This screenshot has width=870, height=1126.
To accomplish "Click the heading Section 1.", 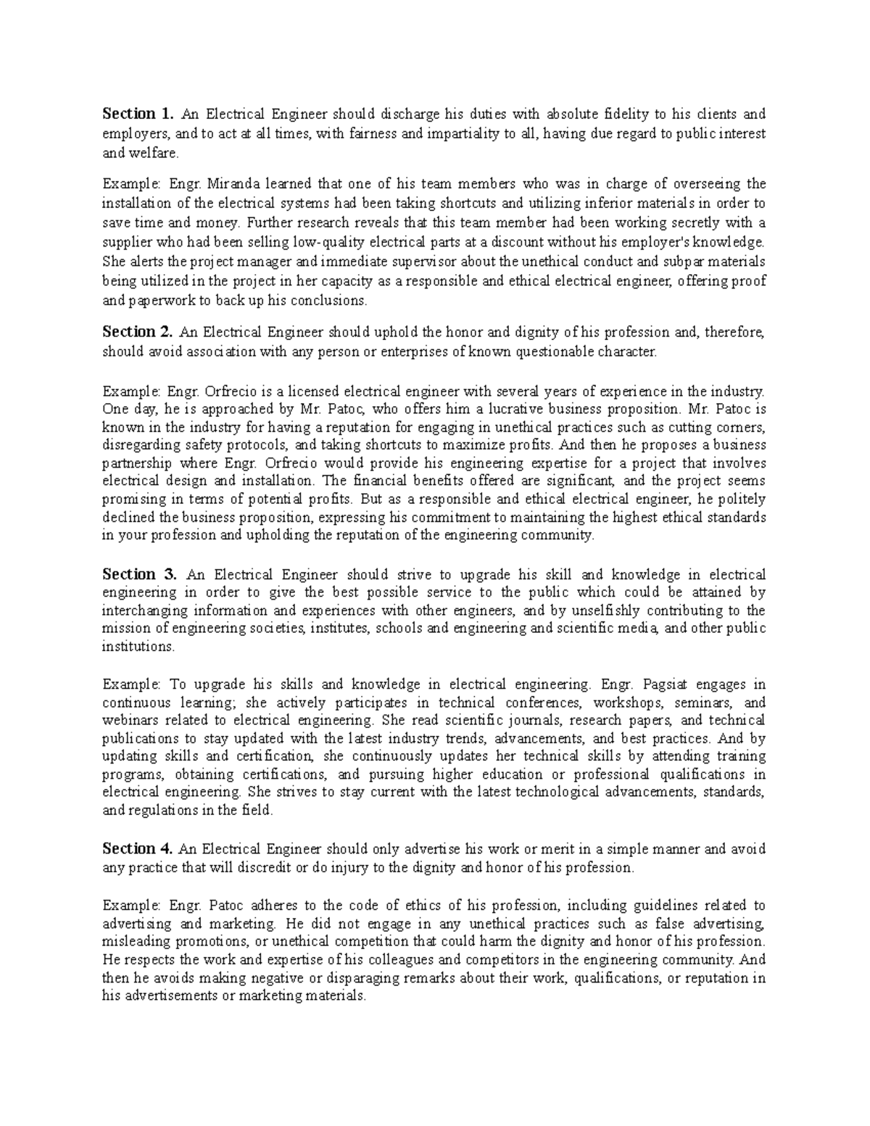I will [x=138, y=114].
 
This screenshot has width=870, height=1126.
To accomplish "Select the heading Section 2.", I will [x=138, y=332].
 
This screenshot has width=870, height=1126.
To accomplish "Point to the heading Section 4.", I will [x=138, y=848].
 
